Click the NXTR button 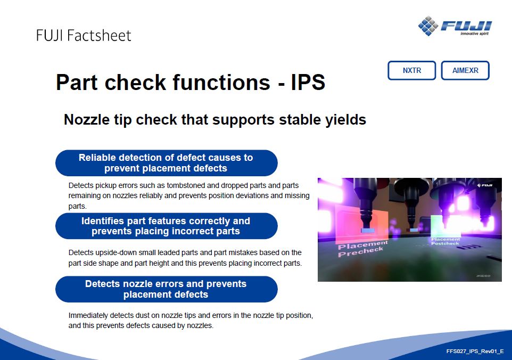tap(412, 70)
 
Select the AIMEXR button tap(465, 70)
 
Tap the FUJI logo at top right tap(455, 26)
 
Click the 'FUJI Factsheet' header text tap(84, 36)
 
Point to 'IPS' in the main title tap(308, 82)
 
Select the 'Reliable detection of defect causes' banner tap(167, 163)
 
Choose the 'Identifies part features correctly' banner tap(167, 226)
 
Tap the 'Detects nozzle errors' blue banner tap(167, 289)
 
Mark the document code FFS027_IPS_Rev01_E tap(475, 351)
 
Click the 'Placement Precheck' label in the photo tap(362, 249)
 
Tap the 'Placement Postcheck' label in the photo tap(445, 241)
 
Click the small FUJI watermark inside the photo tap(485, 185)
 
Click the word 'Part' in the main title tap(77, 82)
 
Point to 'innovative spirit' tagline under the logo tap(474, 34)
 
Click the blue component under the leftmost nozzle tap(368, 231)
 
